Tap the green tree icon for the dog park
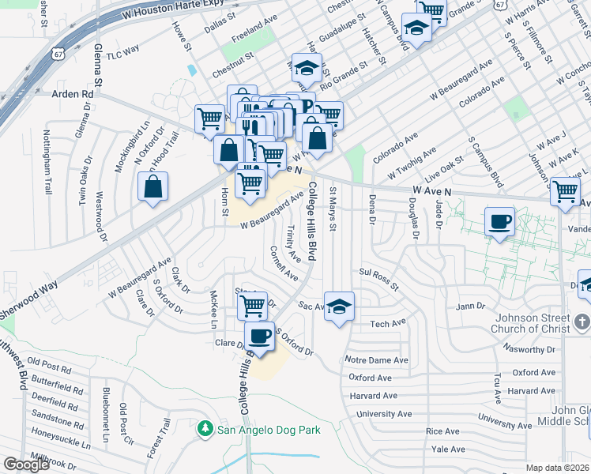click(x=205, y=429)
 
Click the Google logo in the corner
click(x=26, y=465)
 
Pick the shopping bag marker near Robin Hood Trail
click(x=153, y=187)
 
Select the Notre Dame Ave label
click(x=377, y=360)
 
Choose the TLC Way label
click(x=122, y=49)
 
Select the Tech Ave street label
click(x=387, y=322)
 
